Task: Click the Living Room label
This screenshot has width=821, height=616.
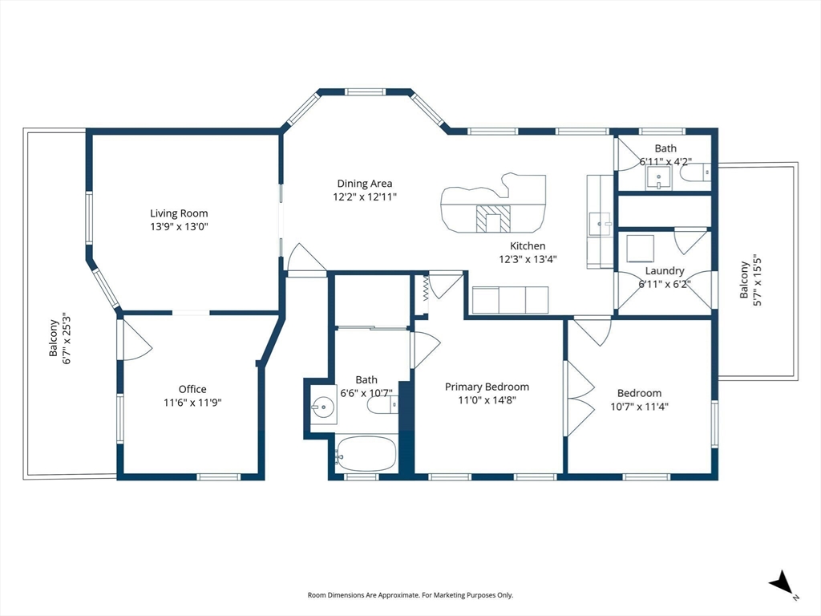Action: click(x=179, y=213)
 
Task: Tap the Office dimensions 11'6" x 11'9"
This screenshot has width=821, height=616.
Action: click(x=192, y=403)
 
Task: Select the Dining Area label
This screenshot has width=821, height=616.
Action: click(x=365, y=184)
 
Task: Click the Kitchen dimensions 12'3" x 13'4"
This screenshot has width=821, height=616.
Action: click(x=527, y=259)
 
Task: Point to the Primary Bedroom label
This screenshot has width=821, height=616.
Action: click(x=487, y=387)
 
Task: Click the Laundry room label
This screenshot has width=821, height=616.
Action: click(x=664, y=271)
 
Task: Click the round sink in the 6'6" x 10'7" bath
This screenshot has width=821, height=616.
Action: click(x=323, y=407)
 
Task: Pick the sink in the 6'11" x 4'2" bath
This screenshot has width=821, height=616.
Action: click(x=659, y=176)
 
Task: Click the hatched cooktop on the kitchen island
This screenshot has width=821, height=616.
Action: click(x=493, y=218)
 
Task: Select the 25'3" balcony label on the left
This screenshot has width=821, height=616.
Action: click(x=60, y=338)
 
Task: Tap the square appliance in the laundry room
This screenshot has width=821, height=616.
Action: click(x=640, y=249)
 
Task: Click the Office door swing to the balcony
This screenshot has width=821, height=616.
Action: click(x=135, y=339)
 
